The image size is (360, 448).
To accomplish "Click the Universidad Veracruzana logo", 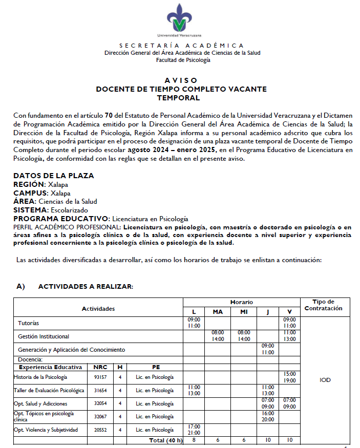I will [180, 21].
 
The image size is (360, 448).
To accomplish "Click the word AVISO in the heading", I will [180, 80].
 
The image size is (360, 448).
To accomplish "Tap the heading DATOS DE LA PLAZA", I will [53, 176].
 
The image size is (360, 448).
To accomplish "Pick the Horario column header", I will [241, 302].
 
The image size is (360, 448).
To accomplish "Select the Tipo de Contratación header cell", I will [323, 305].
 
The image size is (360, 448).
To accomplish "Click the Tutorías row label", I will [29, 324].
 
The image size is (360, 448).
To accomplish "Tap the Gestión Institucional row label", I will [44, 336].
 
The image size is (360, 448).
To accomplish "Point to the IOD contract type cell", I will [325, 380].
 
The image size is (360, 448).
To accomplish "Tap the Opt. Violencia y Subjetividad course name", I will [46, 430].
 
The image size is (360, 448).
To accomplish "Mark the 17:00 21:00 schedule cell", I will [194, 430].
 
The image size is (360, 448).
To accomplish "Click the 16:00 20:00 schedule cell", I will [267, 416].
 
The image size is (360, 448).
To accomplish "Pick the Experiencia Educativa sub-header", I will [50, 367].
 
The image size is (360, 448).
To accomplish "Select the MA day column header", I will [217, 312].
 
